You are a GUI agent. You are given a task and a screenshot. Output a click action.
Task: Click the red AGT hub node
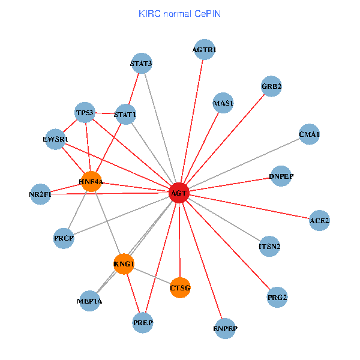tap(179, 193)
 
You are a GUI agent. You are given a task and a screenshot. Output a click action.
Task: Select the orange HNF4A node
tap(91, 181)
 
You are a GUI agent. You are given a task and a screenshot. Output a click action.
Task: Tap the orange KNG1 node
tap(124, 264)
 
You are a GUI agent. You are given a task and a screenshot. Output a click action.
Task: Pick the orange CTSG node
tap(180, 288)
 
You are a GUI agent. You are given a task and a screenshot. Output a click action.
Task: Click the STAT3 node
tap(141, 63)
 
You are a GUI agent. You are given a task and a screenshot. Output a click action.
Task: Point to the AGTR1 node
tap(205, 49)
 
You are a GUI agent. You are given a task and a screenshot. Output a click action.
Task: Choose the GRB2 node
tap(271, 86)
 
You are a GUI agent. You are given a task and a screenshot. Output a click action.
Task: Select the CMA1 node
tap(309, 134)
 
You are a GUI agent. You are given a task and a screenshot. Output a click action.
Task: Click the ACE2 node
tap(319, 221)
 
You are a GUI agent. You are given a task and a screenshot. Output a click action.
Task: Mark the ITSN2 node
tap(269, 246)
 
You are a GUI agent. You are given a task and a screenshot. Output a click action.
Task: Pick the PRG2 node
tap(277, 297)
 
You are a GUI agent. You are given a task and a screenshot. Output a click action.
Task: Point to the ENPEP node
tap(226, 328)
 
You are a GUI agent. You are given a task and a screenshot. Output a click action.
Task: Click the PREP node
tap(143, 323)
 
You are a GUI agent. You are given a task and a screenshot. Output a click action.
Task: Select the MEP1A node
tap(89, 301)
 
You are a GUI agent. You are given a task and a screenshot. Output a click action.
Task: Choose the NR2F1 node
tap(40, 194)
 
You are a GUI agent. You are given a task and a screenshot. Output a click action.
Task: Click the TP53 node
tap(85, 112)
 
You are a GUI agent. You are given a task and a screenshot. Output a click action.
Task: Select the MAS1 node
tap(223, 103)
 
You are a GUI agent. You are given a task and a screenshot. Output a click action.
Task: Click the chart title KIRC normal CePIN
tap(179, 13)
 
